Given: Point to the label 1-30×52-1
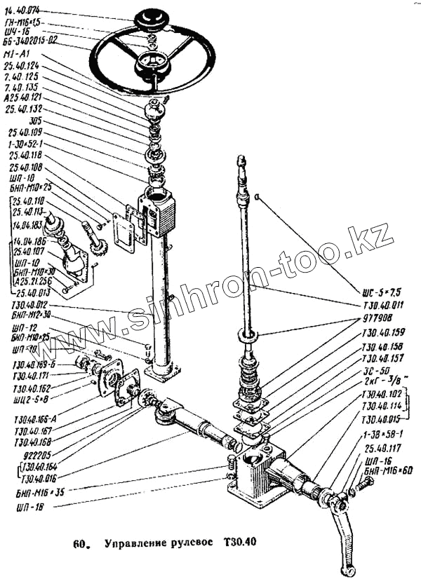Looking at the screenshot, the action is [26, 143].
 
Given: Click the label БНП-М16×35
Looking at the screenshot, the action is [34, 493].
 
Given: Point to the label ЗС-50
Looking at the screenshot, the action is [377, 371].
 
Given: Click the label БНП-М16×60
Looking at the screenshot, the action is [385, 473].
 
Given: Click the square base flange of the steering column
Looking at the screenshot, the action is [167, 374].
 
